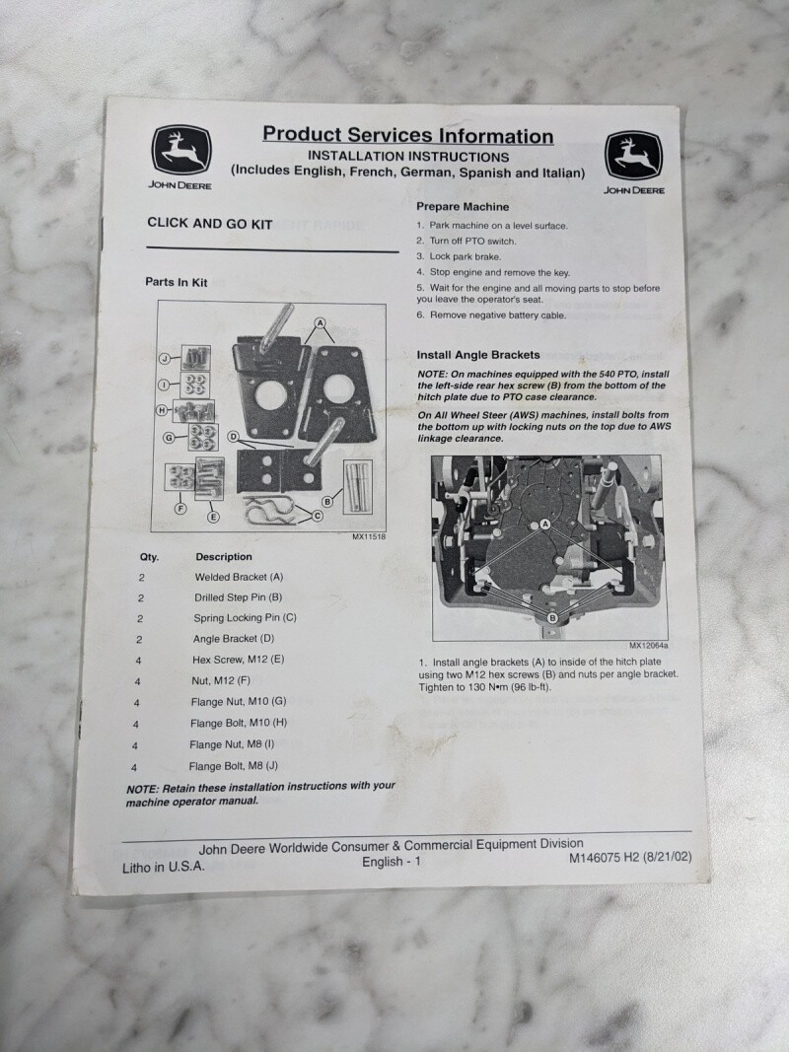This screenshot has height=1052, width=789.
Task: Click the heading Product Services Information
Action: tap(408, 135)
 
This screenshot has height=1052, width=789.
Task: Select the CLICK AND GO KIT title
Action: tap(210, 224)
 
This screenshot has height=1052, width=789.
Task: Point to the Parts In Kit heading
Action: tap(177, 282)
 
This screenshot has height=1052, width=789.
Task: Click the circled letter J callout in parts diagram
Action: tap(165, 358)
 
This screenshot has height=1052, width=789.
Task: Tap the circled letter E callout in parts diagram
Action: tap(213, 517)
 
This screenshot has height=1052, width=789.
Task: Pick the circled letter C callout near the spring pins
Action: tap(318, 516)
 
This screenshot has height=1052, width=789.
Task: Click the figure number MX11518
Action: tap(369, 536)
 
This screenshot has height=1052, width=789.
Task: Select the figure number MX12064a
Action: tap(649, 646)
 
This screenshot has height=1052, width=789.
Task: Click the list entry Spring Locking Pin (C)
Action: tap(245, 618)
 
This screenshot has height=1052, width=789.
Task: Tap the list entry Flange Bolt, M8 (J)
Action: tap(234, 766)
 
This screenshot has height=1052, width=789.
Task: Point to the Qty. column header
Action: tap(149, 557)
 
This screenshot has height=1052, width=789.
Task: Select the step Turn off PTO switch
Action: tap(466, 241)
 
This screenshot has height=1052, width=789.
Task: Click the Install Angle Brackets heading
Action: tap(478, 355)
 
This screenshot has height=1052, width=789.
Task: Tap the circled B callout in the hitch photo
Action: tap(552, 618)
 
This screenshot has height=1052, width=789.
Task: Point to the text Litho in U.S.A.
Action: tap(164, 867)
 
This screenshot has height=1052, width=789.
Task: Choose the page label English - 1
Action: tap(392, 862)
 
